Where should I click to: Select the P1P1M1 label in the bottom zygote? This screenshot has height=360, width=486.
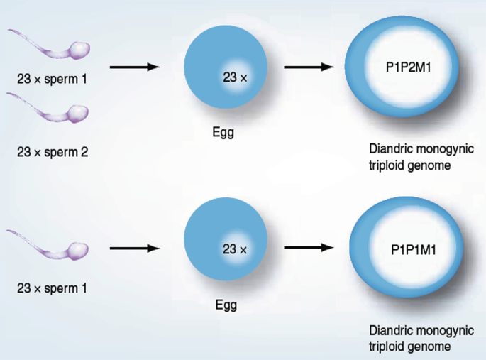click(413, 251)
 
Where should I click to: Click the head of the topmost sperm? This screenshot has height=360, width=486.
click(79, 50)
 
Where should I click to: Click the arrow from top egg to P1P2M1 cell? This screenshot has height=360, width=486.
click(308, 67)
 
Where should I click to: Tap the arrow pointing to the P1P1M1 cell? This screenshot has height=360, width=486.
click(308, 249)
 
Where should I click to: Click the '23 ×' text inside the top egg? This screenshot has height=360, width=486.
click(235, 77)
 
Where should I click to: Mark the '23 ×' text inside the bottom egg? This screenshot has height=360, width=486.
click(235, 249)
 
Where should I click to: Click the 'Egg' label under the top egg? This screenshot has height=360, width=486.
click(223, 132)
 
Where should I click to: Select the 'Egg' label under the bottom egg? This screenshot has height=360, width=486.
click(226, 306)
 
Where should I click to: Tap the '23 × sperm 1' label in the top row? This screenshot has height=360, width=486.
click(52, 77)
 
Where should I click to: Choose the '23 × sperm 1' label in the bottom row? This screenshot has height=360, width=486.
click(52, 289)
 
